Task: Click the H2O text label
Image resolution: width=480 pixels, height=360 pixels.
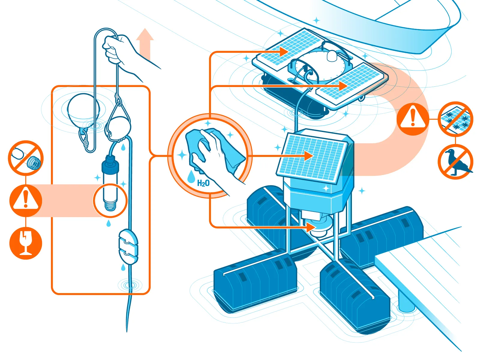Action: coord(203,183)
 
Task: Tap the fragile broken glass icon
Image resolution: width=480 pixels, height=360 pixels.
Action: coord(25,243)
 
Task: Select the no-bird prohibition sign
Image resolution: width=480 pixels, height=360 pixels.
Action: coord(455,162)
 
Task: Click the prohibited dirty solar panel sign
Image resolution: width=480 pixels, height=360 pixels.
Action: coord(455,119)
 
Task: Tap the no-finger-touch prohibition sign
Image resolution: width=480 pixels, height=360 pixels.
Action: coord(26,158)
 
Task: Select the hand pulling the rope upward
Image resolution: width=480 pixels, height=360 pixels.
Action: coord(120,51)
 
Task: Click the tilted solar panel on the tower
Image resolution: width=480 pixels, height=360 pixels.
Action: coord(312,157)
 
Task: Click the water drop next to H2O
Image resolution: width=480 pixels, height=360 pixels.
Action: coord(191,177)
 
